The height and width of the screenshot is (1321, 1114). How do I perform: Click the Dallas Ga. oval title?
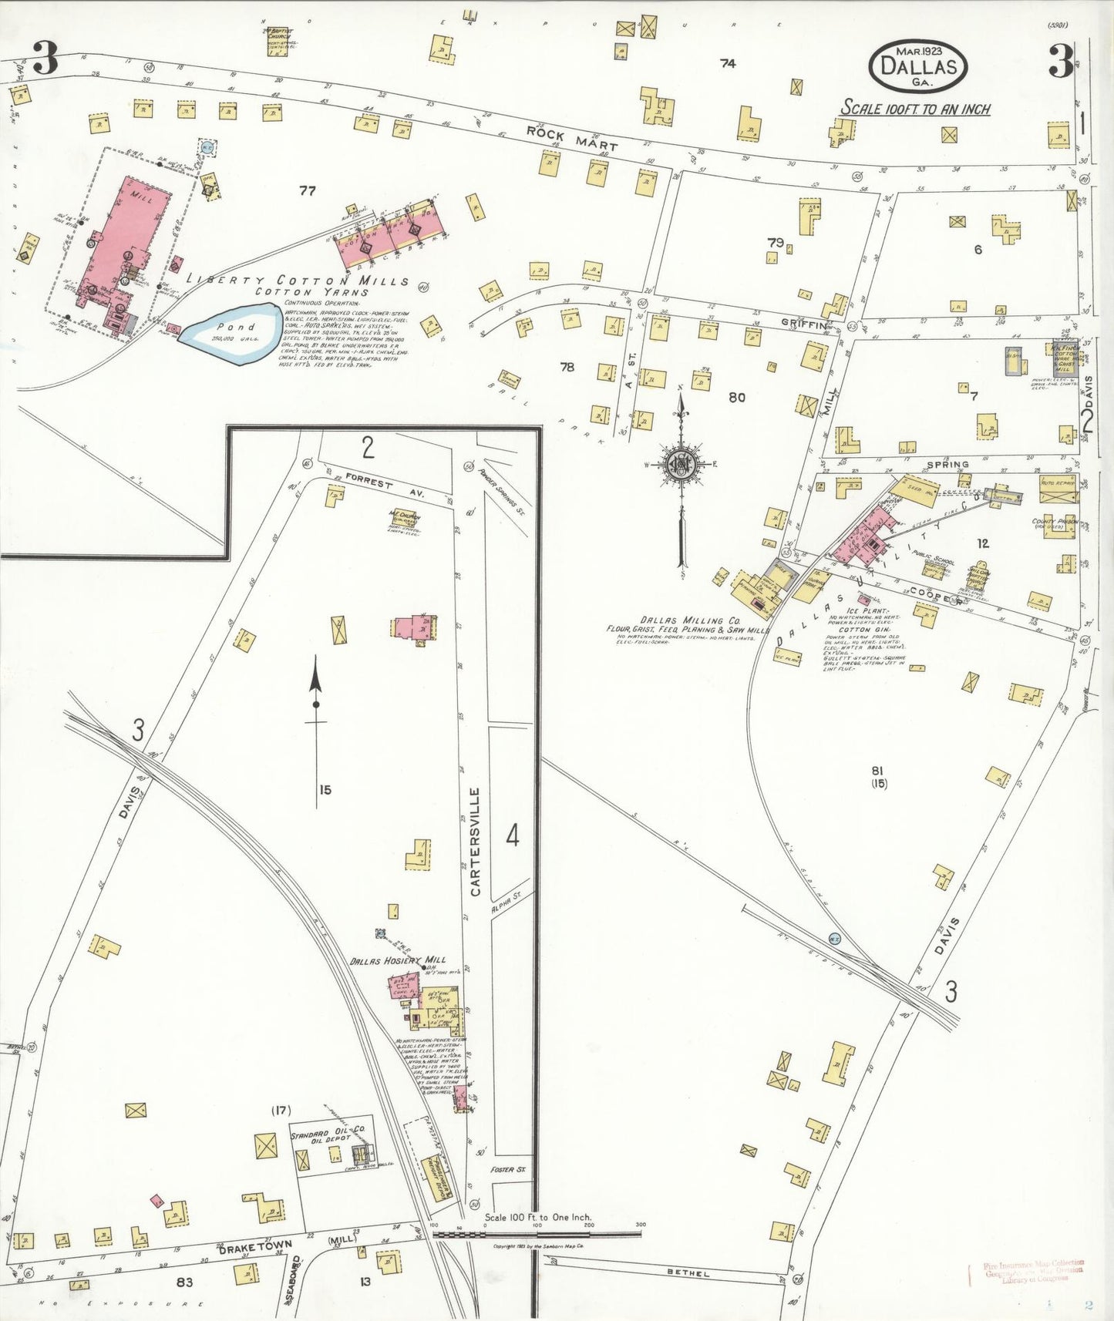(x=917, y=66)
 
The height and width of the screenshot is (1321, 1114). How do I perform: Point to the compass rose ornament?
(x=682, y=463)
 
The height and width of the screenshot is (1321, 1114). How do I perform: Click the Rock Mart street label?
(x=572, y=139)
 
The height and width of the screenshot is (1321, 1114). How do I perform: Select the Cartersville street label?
(x=475, y=842)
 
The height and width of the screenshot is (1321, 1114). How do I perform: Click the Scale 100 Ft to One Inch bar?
(x=537, y=1233)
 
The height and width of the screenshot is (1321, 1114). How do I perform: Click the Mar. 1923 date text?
(x=917, y=50)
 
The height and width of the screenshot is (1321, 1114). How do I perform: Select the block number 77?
(x=307, y=190)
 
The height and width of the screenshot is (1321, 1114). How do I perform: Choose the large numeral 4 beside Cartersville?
(x=513, y=835)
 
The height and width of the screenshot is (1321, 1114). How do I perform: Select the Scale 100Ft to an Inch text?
(x=915, y=109)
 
